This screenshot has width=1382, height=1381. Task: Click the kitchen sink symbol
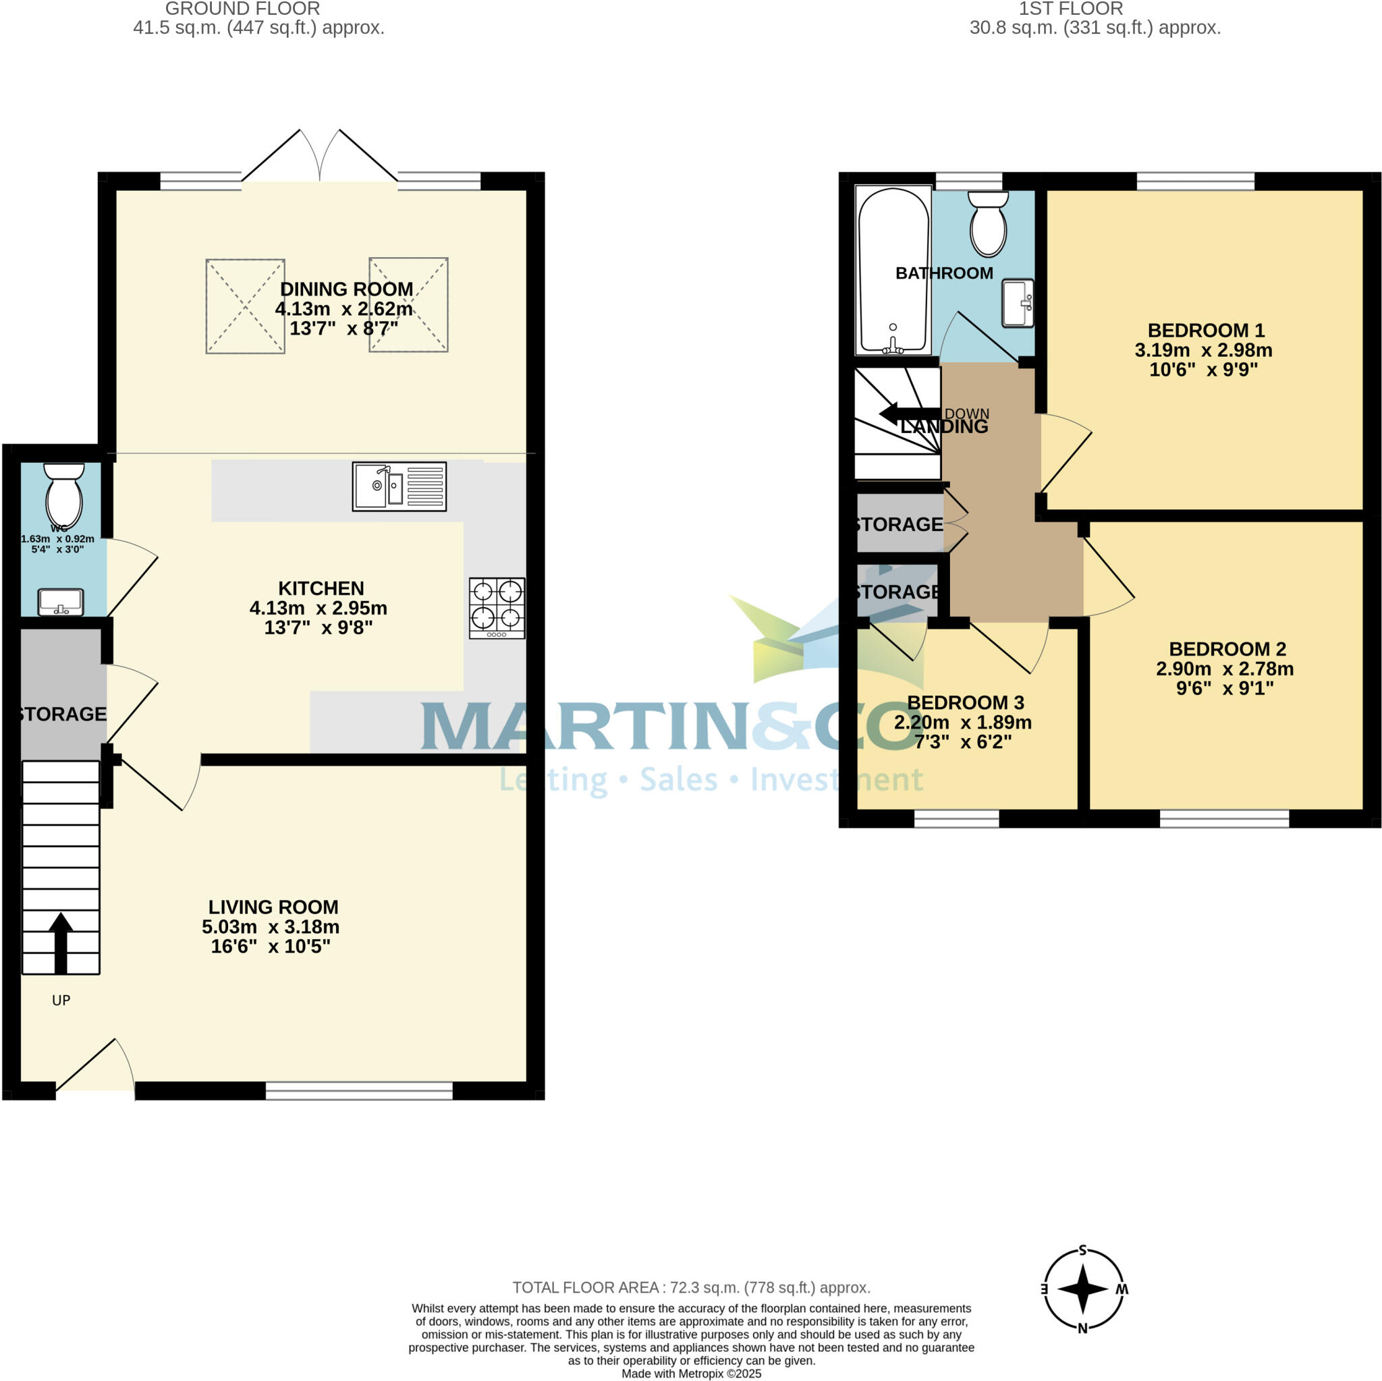pyautogui.click(x=399, y=486)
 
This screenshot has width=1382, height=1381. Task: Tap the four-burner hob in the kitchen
pyautogui.click(x=497, y=607)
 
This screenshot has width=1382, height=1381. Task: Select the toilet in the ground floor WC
pyautogui.click(x=63, y=495)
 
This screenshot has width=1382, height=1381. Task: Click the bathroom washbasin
pyautogui.click(x=1017, y=302)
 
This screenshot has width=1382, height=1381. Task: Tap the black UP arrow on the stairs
pyautogui.click(x=61, y=941)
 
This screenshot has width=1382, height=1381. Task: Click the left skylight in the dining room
pyautogui.click(x=246, y=306)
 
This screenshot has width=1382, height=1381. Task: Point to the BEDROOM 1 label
pyautogui.click(x=1205, y=331)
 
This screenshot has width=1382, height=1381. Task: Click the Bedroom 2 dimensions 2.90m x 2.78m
pyautogui.click(x=1224, y=669)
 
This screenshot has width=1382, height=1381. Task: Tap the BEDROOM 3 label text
pyautogui.click(x=965, y=702)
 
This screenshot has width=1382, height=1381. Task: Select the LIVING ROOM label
pyautogui.click(x=273, y=907)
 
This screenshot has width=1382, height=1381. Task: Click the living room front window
pyautogui.click(x=359, y=1090)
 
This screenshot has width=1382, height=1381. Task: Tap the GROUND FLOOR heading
pyautogui.click(x=242, y=9)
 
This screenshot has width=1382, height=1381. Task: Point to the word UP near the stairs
pyautogui.click(x=61, y=1000)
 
